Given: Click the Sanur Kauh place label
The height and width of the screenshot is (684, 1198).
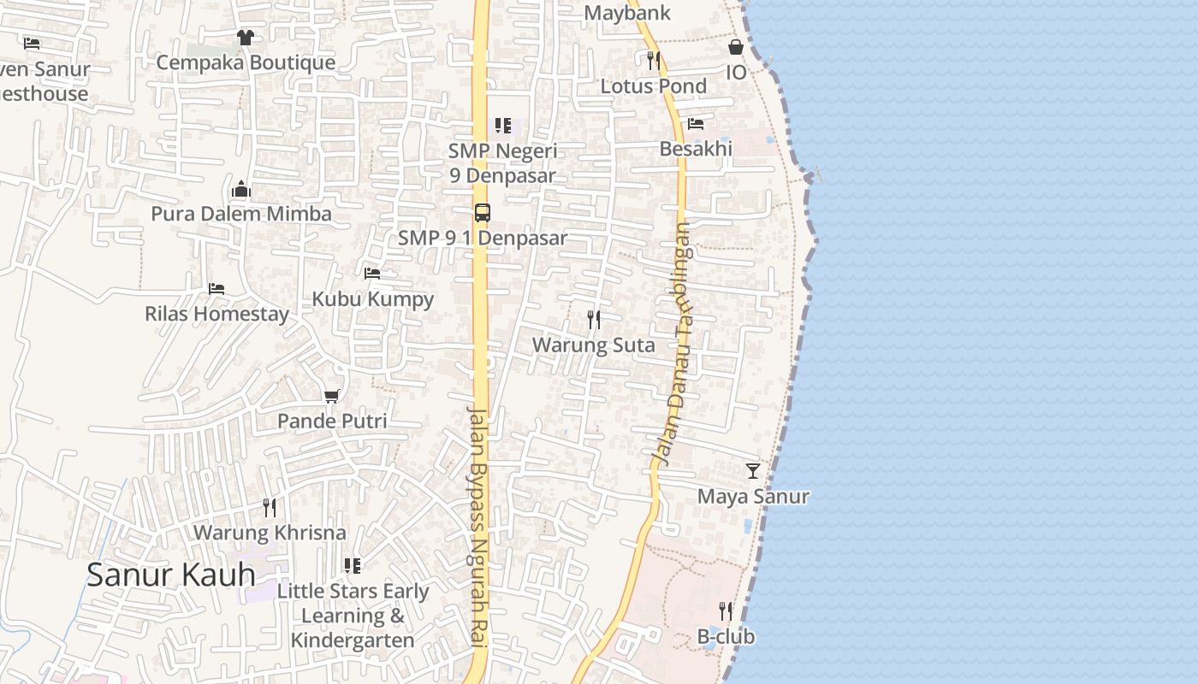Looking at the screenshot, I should (170, 575).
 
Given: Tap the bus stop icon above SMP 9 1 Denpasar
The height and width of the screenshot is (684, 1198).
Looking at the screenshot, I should (483, 212).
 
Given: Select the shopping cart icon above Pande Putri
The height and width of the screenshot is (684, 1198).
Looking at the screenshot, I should (332, 396).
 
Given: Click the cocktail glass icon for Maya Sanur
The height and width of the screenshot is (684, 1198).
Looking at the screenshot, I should (753, 470).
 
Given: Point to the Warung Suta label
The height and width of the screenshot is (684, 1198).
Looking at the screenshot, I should (593, 345).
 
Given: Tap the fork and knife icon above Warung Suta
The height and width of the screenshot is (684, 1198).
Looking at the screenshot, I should (594, 320).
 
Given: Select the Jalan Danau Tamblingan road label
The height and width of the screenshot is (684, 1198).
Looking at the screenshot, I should (673, 342).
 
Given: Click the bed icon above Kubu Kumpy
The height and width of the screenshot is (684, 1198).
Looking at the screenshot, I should (372, 274).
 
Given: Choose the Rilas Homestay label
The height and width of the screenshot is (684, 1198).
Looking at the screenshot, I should (217, 314).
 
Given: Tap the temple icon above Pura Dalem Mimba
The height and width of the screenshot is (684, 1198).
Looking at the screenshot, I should (241, 189).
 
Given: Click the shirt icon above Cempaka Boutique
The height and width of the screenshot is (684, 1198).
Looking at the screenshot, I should (246, 38).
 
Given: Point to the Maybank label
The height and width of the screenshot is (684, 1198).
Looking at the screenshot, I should (627, 13).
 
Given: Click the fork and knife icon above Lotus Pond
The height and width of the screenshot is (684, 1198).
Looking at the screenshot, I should (654, 61).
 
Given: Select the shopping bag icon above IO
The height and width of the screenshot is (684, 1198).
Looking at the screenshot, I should (736, 47).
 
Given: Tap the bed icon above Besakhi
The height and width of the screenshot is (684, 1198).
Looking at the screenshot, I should (696, 124).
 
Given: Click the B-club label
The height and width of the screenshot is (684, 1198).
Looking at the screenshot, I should (726, 637).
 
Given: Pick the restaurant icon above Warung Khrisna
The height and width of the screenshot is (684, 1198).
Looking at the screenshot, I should (270, 508).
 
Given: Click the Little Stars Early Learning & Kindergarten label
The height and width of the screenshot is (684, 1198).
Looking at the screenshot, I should (353, 616).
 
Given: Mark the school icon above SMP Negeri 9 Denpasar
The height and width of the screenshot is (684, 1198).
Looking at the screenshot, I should (503, 127).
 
